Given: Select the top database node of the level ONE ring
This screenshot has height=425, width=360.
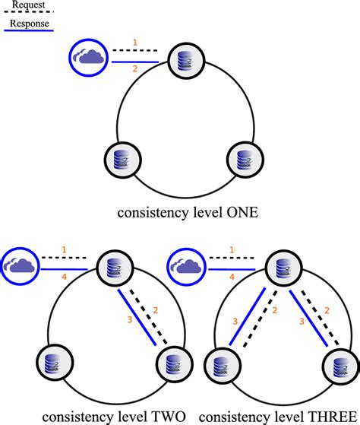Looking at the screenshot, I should coord(180,62).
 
